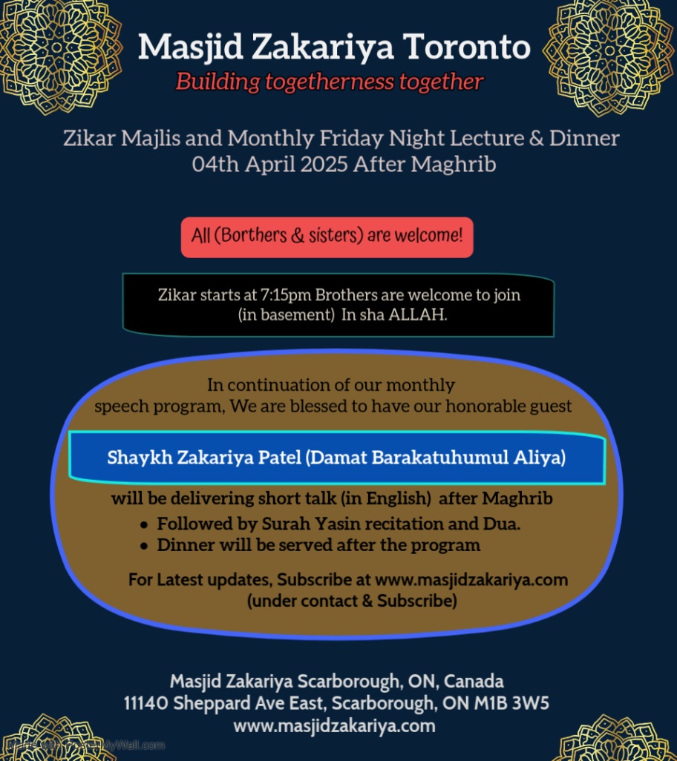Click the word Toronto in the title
(x=467, y=47)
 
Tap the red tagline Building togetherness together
(x=330, y=81)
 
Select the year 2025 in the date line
(x=324, y=164)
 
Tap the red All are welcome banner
(x=327, y=237)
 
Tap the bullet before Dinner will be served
(x=144, y=546)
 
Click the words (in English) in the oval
(x=396, y=498)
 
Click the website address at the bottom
(x=334, y=725)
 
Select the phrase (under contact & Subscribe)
(x=351, y=601)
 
